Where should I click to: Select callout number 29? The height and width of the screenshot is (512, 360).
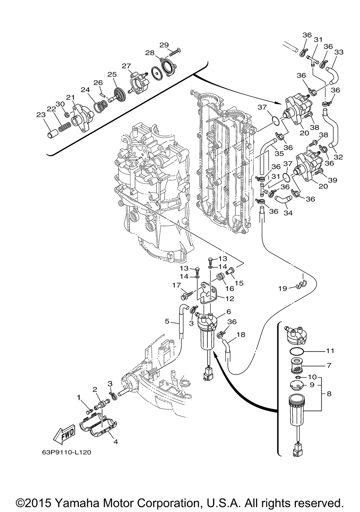(x=164, y=45)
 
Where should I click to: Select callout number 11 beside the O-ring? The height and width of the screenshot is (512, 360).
(x=330, y=350)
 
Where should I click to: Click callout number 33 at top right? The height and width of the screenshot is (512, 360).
(x=339, y=53)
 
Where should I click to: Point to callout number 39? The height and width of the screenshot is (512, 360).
(x=333, y=180)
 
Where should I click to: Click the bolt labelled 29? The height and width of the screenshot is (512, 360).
(x=174, y=52)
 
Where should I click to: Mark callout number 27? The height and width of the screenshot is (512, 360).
(x=126, y=66)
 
